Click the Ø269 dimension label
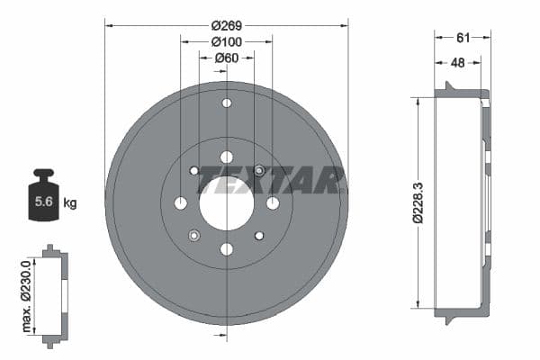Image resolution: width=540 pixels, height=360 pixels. (226, 26)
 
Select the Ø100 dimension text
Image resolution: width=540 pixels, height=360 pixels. (226, 41)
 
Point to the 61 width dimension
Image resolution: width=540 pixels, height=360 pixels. (463, 38)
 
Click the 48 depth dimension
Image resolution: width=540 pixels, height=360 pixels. (458, 62)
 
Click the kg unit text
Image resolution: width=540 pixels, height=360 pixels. (70, 203)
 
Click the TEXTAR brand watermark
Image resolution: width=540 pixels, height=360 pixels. (271, 180)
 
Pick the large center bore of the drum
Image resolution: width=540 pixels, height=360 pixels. (226, 202)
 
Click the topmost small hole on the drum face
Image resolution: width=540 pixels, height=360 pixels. (226, 103)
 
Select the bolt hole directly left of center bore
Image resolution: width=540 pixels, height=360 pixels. (181, 202)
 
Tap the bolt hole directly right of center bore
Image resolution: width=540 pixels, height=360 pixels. (272, 202)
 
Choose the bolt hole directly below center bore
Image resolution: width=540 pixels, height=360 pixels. (226, 248)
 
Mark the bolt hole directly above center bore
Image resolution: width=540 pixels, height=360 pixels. (226, 157)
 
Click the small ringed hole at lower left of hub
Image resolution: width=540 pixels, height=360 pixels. (193, 236)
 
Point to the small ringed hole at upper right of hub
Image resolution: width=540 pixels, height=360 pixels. (259, 170)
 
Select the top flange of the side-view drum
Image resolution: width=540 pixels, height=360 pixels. (462, 93)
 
